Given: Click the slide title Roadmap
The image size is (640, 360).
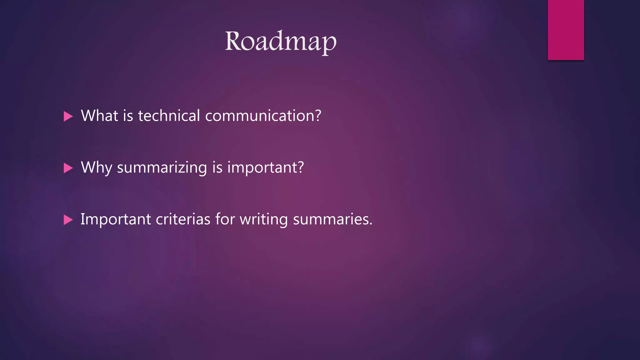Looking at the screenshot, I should pos(281,42).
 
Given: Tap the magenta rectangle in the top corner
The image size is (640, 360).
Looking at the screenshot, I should pos(566,30).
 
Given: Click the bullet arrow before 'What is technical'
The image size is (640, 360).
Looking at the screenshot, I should pos(68,117).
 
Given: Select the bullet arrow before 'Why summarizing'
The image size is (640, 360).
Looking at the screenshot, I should pos(68,168).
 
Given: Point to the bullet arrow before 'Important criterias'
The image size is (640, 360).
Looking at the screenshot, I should pos(68,220).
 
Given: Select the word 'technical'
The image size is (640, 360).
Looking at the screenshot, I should pos(169,116).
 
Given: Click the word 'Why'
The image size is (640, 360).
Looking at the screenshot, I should pos(96,168).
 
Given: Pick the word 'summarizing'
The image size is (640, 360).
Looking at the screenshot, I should pos(162,168).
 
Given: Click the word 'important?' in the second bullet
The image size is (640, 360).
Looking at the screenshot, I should pos(265,168).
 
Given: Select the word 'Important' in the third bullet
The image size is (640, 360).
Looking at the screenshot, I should pos(116,219).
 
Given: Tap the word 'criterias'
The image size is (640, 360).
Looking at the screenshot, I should pos(183,219).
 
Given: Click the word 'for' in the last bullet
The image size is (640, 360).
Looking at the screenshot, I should pos(225,219).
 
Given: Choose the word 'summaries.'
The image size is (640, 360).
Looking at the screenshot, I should pos(332,219).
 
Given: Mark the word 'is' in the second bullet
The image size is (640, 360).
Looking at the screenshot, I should pos(217,167).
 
